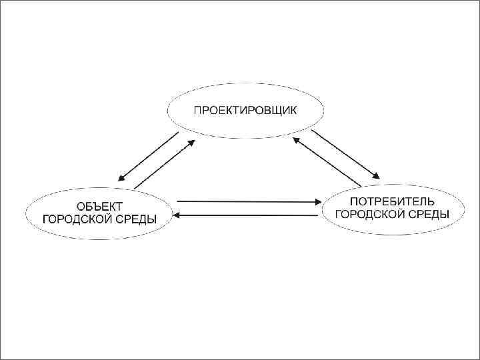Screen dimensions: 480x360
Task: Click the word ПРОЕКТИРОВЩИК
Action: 245,110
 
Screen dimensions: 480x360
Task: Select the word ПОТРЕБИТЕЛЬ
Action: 392,201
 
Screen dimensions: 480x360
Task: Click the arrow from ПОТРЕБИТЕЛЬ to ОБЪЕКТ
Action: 247,215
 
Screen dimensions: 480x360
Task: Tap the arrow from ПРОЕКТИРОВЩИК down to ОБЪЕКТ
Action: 148,157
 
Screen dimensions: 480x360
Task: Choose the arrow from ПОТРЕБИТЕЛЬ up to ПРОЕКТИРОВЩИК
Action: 327,161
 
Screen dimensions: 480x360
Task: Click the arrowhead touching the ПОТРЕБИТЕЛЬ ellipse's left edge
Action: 317,201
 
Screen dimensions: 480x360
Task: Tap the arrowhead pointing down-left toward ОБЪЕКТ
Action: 121,178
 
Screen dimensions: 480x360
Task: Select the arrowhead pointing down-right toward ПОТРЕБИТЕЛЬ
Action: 376,176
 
